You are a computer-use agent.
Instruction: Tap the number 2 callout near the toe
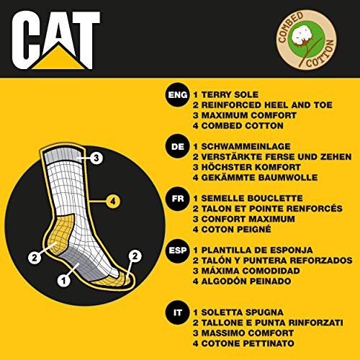tap(133, 255)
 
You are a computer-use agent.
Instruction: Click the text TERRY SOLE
tap(235, 95)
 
